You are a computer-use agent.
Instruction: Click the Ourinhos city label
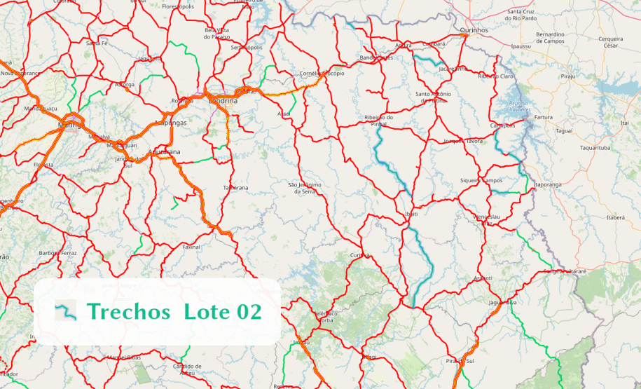(474, 30)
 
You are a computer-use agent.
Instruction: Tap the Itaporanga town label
(548, 184)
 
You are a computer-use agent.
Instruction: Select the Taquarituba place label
(595, 148)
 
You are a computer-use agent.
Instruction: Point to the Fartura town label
(543, 117)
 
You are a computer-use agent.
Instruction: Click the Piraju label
(567, 76)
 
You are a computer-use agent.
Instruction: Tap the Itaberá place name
(615, 218)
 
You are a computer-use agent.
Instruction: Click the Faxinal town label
(191, 247)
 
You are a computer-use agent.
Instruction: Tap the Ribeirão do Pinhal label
(379, 121)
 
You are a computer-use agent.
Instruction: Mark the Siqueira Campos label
(481, 181)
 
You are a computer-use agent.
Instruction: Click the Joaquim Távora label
(464, 141)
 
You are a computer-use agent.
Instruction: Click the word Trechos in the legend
(128, 311)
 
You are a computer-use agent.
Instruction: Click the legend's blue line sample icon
(66, 310)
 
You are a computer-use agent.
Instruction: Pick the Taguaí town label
(563, 131)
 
